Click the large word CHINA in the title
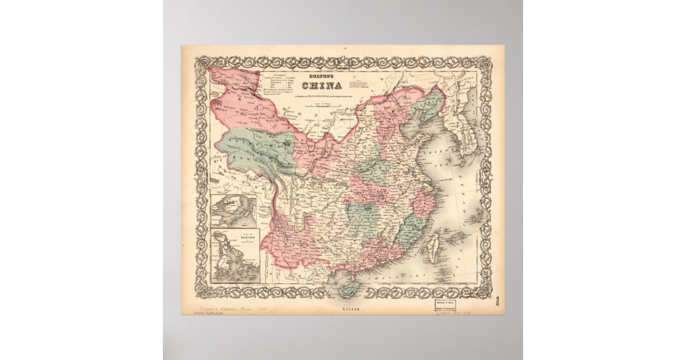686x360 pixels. pos(322,86)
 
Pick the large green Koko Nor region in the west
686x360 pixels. pos(256,150)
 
